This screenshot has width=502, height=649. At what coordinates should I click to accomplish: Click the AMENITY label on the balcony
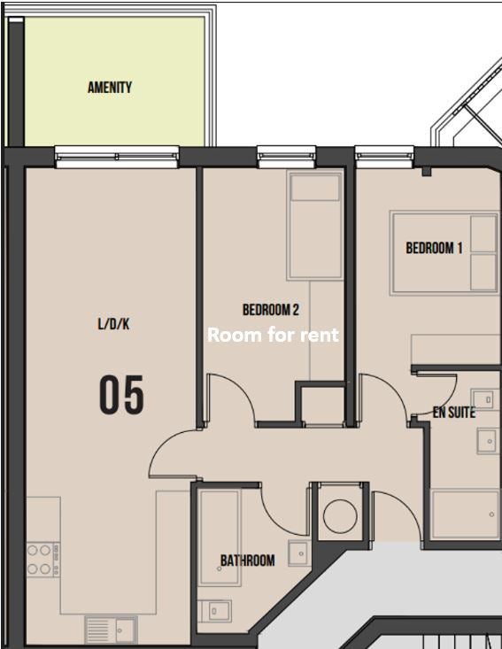[x=110, y=88]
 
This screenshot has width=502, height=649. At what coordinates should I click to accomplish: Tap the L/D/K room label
[x=113, y=324]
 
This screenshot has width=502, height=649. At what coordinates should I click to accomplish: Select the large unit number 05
[x=121, y=395]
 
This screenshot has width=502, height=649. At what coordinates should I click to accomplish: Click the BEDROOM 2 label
[x=271, y=310]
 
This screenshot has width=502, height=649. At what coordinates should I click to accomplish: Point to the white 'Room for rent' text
[x=274, y=335]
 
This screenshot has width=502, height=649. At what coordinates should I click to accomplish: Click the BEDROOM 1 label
[x=434, y=248]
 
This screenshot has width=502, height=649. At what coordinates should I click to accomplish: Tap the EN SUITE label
[x=454, y=413]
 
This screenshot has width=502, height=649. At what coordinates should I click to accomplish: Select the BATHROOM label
[x=248, y=560]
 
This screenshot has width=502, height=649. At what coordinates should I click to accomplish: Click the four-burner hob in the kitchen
[x=43, y=560]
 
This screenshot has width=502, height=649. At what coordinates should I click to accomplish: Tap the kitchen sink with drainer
[x=111, y=630]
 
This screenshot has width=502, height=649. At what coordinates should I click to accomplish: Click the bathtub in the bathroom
[x=220, y=537]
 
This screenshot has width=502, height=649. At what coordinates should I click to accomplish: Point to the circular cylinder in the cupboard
[x=340, y=516]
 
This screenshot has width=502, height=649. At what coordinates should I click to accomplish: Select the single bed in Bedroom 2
[x=315, y=226]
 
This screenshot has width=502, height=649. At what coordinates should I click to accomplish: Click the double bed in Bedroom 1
[x=444, y=253]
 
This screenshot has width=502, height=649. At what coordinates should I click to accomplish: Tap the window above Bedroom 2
[x=286, y=157]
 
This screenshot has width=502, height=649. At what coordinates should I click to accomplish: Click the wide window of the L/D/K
[x=117, y=157]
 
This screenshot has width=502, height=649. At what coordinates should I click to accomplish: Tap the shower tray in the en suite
[x=465, y=514]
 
